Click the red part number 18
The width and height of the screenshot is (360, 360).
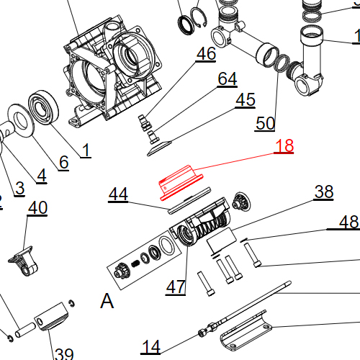[x=284, y=146]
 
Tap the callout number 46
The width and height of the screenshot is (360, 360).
[x=206, y=54]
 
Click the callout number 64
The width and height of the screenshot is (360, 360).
[x=227, y=78]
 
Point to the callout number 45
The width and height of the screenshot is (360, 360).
[x=245, y=100]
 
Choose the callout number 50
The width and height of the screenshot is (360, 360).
[x=265, y=123]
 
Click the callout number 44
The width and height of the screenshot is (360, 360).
[x=118, y=194]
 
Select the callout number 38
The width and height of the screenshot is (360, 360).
[x=324, y=192]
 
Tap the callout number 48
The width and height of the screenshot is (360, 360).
[x=348, y=222]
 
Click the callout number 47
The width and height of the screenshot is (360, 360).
[x=176, y=287]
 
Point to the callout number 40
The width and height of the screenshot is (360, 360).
[x=37, y=208]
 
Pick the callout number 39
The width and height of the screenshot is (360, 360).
[x=64, y=354]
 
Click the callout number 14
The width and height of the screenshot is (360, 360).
[x=150, y=346]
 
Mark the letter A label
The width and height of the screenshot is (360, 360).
[x=107, y=301]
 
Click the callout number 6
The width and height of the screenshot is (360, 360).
[x=63, y=162]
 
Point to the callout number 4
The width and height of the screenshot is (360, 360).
[x=40, y=175]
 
